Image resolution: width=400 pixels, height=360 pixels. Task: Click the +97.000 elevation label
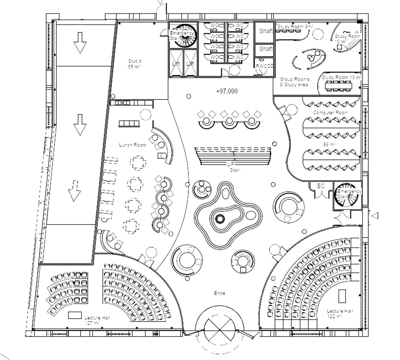[227, 91]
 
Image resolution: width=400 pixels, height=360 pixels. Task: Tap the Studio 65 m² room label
[134, 64]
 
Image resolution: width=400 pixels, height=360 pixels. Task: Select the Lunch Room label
[133, 145]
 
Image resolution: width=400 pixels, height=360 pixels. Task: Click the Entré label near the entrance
[220, 293]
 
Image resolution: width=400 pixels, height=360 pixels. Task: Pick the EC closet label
[321, 186]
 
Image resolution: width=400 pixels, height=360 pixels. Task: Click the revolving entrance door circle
[220, 330]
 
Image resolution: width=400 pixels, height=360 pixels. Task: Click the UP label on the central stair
[231, 164]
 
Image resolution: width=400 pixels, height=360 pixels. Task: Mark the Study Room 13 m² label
[341, 77]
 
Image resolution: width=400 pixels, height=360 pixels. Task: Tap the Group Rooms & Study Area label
[294, 82]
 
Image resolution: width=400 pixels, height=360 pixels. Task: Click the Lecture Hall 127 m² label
[96, 320]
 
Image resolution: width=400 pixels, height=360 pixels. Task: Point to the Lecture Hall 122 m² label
[339, 313]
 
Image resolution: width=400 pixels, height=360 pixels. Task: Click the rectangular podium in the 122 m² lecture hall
[342, 296]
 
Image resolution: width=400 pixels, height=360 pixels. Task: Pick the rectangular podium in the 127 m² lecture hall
[75, 315]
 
